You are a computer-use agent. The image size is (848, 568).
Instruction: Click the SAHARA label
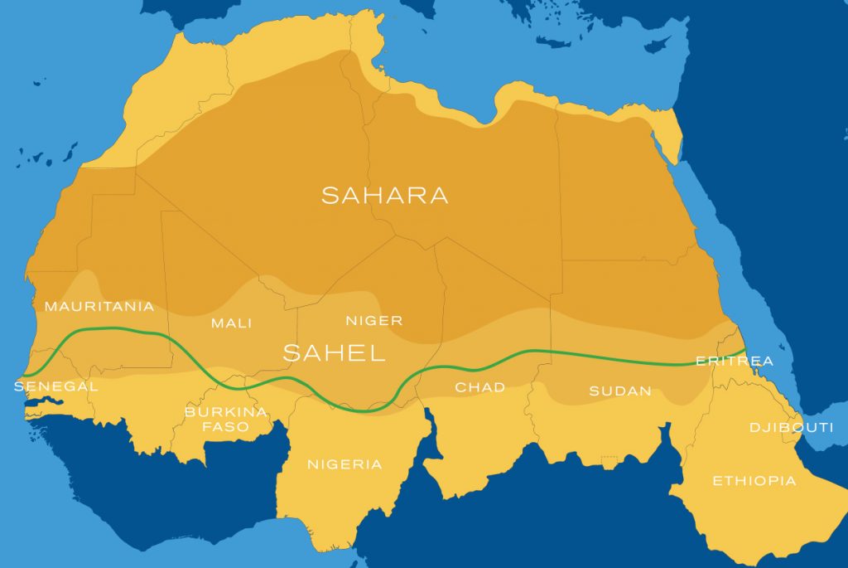click(384, 196)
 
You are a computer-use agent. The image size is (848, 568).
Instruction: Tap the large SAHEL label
click(335, 353)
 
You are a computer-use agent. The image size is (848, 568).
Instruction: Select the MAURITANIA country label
click(99, 307)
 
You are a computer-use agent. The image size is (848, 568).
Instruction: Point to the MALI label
click(232, 323)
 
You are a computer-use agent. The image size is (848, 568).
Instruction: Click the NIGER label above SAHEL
click(373, 321)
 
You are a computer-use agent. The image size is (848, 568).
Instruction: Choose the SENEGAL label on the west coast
click(56, 386)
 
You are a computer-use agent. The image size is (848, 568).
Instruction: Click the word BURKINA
click(226, 412)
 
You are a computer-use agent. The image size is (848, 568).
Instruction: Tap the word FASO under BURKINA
click(226, 428)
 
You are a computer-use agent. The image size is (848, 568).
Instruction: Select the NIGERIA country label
click(344, 464)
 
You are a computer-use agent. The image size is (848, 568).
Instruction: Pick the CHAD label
click(480, 387)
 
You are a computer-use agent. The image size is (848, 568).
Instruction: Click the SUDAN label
click(620, 391)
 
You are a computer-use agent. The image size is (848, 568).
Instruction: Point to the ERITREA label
click(735, 361)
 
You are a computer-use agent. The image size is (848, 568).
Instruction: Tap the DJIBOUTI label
click(791, 428)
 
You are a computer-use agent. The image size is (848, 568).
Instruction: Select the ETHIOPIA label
click(754, 481)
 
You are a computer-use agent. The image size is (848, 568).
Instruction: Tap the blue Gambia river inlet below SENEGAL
click(41, 403)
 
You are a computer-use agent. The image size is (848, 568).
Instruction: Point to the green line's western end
click(26, 375)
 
